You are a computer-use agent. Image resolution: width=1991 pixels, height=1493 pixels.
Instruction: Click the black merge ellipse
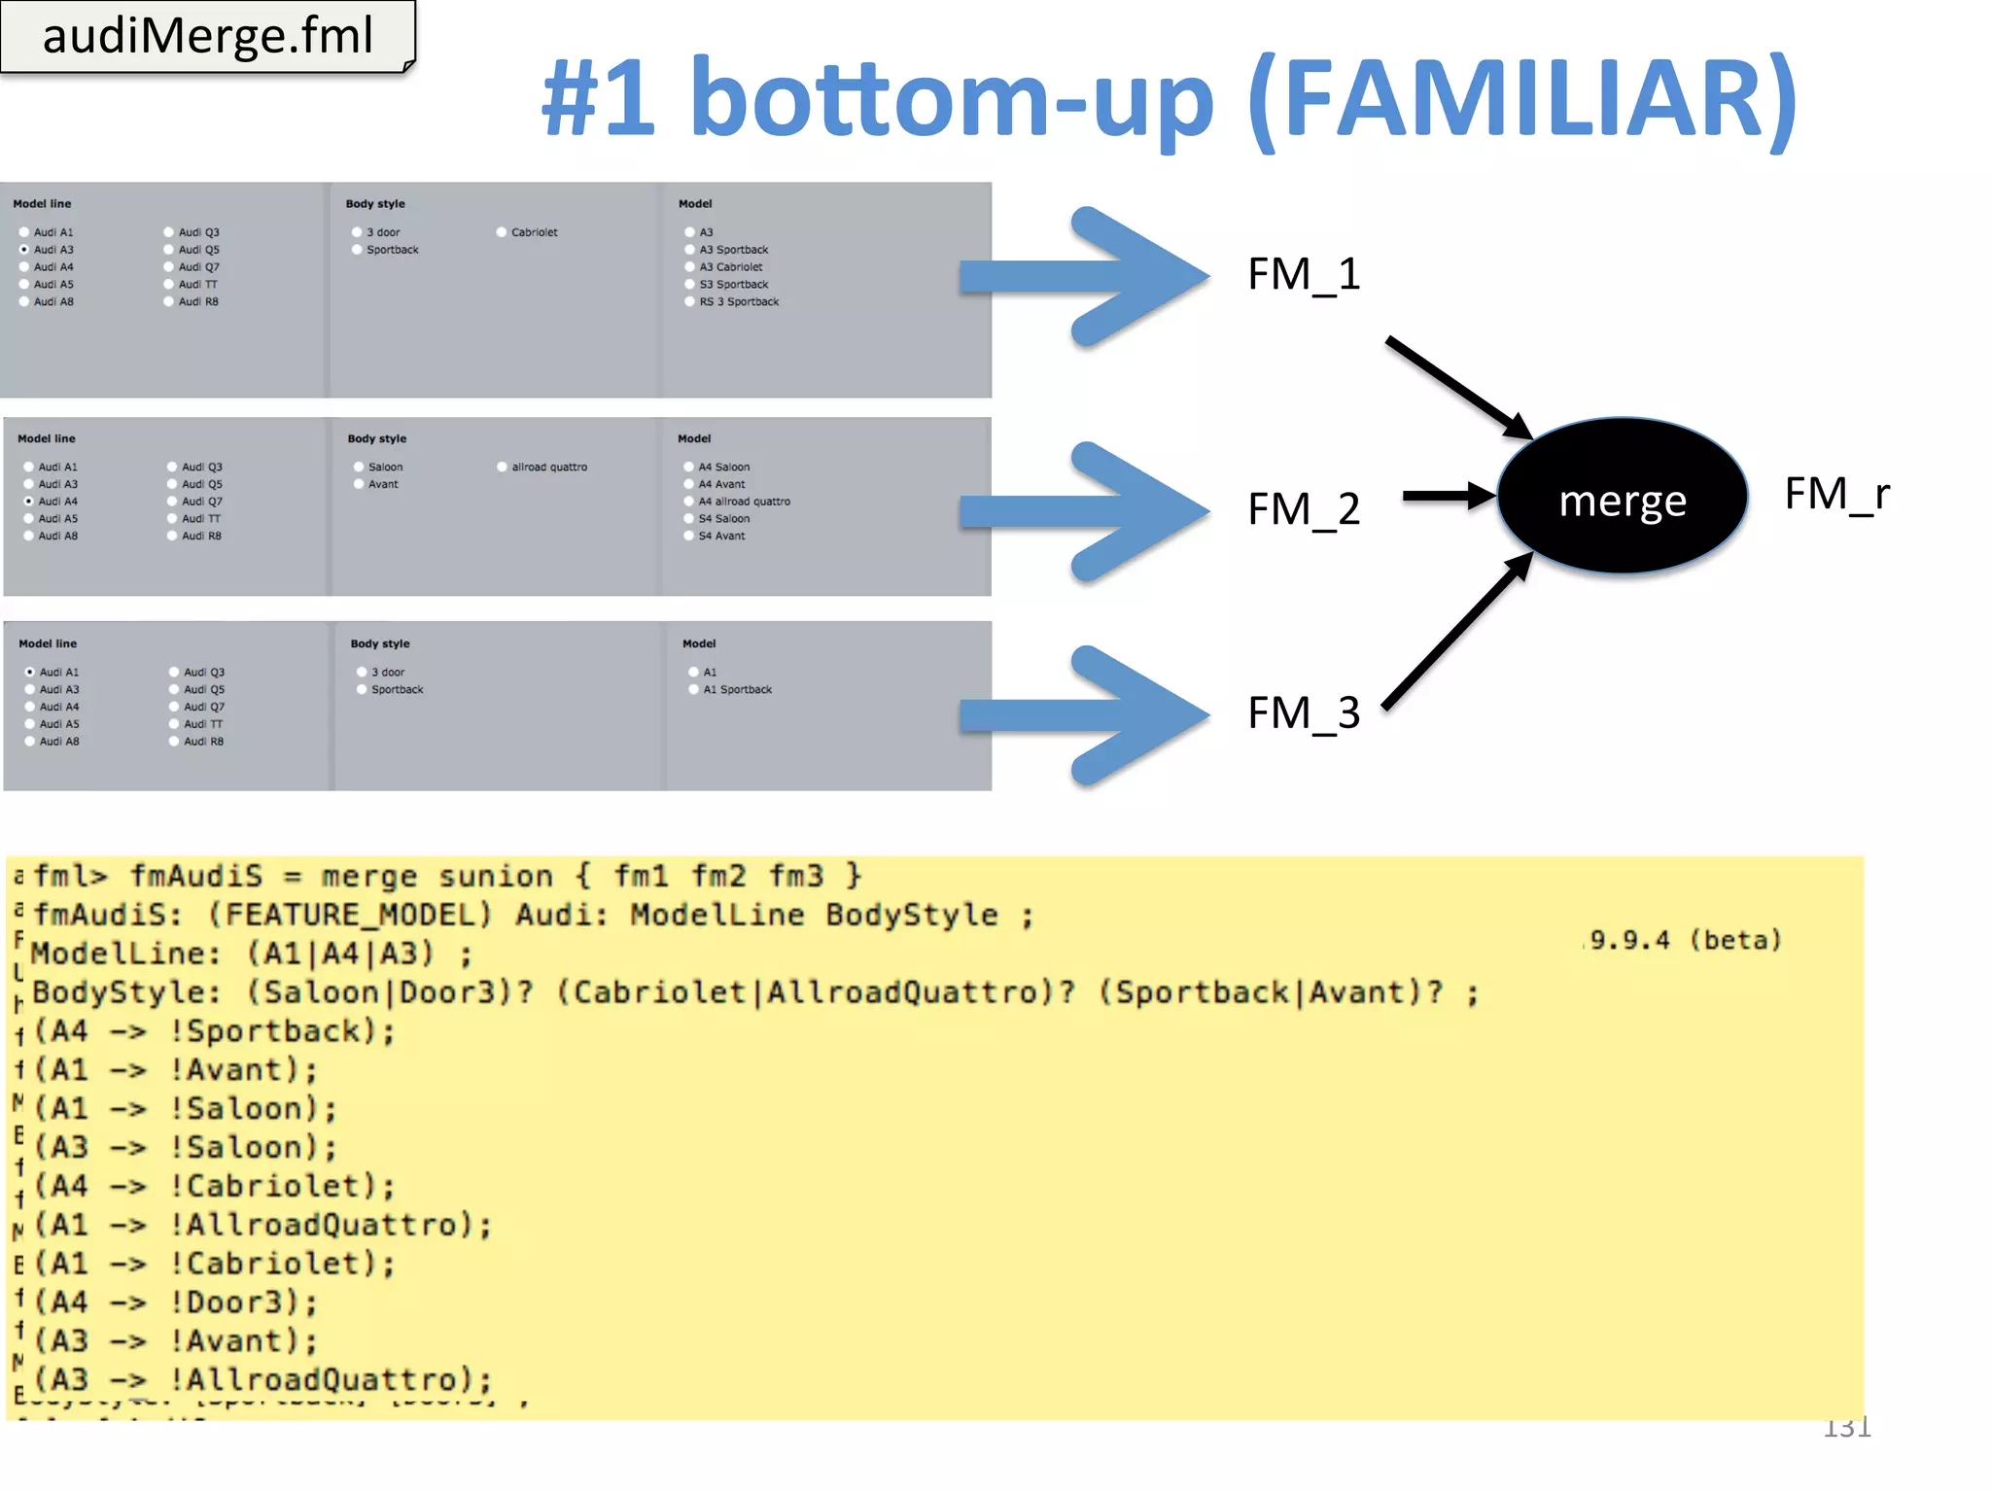(x=1622, y=498)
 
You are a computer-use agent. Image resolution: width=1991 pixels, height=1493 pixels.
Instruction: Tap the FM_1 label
(x=1304, y=274)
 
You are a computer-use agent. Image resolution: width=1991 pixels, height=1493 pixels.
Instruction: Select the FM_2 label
(x=1304, y=509)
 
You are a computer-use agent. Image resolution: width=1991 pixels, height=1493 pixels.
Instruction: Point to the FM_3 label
(x=1304, y=713)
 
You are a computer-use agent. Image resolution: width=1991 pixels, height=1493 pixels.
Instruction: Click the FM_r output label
(x=1836, y=494)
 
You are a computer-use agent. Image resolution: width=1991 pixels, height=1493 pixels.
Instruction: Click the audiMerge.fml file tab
(x=207, y=36)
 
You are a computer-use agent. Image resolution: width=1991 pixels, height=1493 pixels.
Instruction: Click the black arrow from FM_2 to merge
(x=1449, y=496)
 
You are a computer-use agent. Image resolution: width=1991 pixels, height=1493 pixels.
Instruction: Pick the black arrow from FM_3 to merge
(x=1456, y=632)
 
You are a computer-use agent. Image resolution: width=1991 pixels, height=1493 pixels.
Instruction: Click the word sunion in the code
(x=495, y=877)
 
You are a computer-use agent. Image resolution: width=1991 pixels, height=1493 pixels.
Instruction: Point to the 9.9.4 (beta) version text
(x=1685, y=940)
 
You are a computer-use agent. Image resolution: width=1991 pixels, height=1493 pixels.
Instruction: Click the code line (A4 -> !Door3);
(x=175, y=1302)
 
